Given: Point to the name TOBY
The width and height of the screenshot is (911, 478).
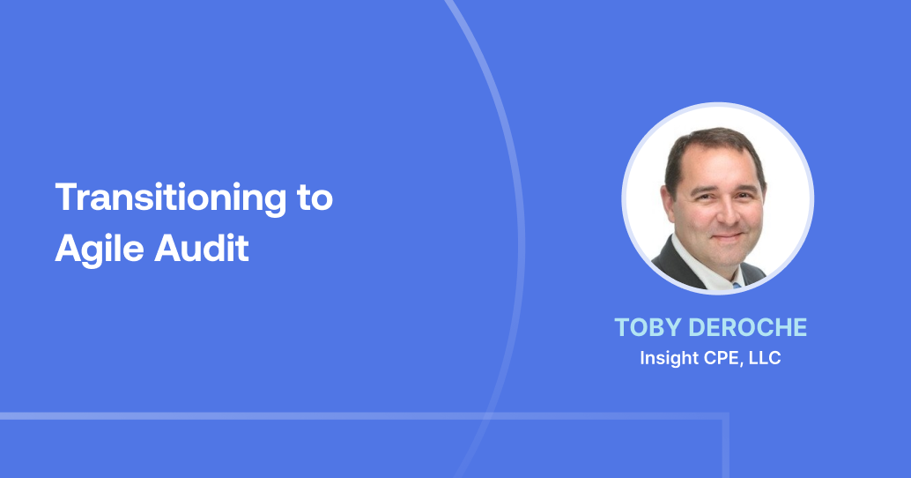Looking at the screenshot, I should tap(646, 327).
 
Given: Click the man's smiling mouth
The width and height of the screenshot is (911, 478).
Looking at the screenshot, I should tap(724, 236).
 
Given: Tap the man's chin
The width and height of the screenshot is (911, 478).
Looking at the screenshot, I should tap(724, 256).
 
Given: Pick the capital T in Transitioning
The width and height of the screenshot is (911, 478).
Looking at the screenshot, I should tap(63, 198).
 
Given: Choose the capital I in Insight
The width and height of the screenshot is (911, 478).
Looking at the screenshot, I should tap(643, 359).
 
